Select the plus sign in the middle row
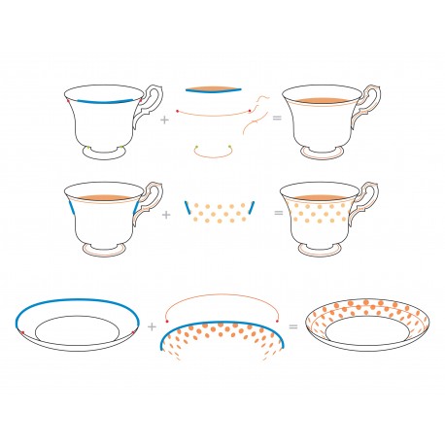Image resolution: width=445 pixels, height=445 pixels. pos(164,213)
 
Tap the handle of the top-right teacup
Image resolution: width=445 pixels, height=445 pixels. pos(370,103)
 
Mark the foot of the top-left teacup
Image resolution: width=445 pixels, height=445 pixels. pos(106,154)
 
